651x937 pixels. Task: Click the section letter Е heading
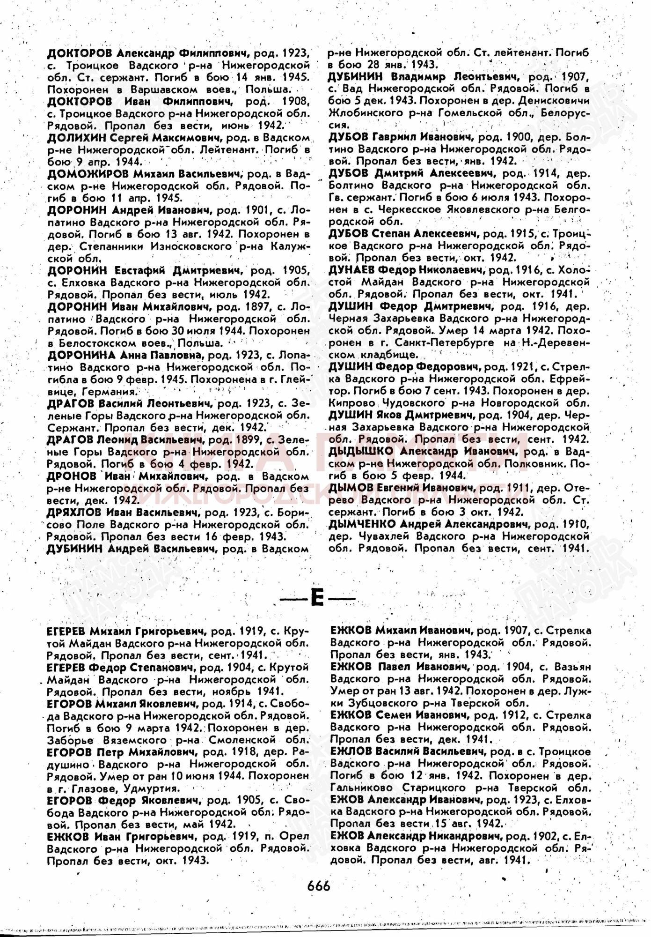318,599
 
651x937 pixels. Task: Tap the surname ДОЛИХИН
76,138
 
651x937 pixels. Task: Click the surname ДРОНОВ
71,476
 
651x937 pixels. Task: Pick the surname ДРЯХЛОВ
74,513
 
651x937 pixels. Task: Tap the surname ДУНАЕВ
351,270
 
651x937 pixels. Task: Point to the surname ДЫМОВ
350,488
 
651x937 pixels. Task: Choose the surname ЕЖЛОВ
350,751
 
